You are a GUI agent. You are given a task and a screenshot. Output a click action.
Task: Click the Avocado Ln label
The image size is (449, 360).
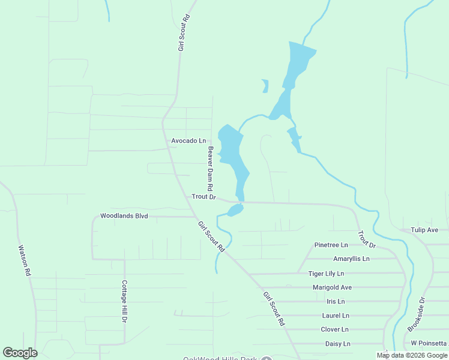tap(188, 140)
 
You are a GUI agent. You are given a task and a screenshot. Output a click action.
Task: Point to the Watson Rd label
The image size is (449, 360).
tap(24, 259)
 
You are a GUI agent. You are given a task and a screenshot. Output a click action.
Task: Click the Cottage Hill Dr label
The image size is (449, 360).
tap(125, 301)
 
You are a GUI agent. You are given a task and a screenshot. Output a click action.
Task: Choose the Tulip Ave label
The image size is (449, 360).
tap(424, 230)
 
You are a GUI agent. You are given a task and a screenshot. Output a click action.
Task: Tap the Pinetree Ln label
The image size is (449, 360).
tap(331, 245)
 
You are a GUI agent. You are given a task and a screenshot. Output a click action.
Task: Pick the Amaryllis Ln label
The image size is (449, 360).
tap(351, 259)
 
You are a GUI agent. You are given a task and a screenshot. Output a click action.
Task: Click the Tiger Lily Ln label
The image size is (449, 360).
tap(326, 274)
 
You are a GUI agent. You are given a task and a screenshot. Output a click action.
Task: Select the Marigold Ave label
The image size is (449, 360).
tap(332, 287)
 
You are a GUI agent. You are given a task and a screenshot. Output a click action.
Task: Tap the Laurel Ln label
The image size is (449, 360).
tap(335, 315)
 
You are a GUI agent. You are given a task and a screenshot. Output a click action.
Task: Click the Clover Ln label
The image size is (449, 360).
tap(335, 329)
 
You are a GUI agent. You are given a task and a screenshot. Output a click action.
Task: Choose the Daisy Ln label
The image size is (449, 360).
tap(337, 344)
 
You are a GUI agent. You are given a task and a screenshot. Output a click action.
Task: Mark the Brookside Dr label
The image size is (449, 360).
tap(416, 314)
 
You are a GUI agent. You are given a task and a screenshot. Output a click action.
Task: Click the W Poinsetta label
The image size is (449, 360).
tap(429, 343)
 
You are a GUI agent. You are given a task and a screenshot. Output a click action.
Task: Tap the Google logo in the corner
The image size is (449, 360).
tap(20, 353)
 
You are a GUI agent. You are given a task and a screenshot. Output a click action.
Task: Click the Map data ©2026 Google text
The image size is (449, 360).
tap(412, 355)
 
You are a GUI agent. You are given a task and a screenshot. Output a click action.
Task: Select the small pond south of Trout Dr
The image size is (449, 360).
tap(235, 210)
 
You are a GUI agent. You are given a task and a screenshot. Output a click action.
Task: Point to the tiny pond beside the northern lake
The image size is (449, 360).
tap(265, 86)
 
